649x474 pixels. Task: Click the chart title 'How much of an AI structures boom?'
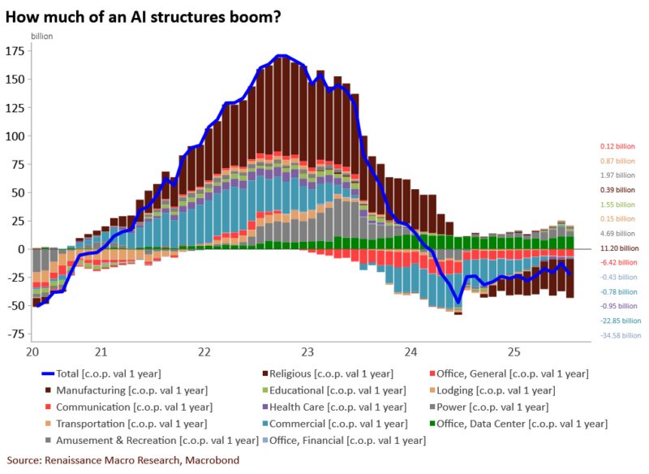(x=144, y=16)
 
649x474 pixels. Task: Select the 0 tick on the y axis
(x=23, y=249)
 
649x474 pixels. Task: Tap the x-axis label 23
(x=307, y=352)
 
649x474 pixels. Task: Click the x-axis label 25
(x=514, y=352)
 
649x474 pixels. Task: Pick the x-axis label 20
(x=33, y=352)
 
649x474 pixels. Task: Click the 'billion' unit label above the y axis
(x=42, y=37)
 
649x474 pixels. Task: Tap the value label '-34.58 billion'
(x=620, y=335)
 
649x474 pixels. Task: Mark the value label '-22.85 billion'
(x=620, y=321)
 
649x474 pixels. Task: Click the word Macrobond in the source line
(x=213, y=460)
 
